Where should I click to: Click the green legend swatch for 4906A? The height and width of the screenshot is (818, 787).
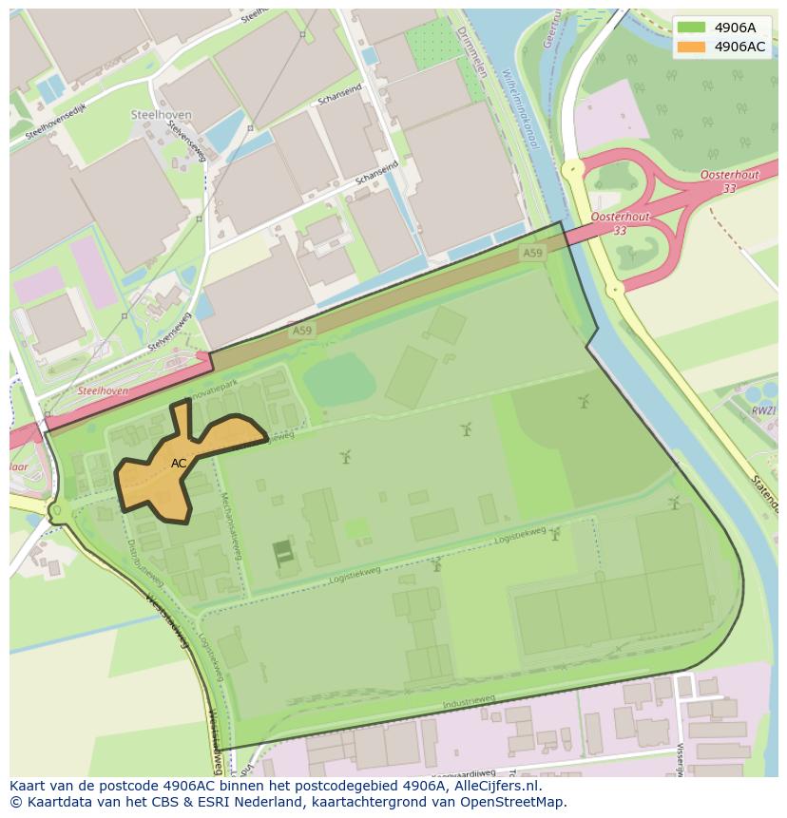pyautogui.click(x=691, y=28)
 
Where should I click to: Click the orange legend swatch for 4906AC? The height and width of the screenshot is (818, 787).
pyautogui.click(x=691, y=47)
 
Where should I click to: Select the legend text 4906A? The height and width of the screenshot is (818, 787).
pyautogui.click(x=736, y=28)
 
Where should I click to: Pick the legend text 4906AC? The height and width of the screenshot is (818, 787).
pyautogui.click(x=740, y=47)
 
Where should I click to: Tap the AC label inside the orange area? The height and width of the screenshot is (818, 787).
pyautogui.click(x=179, y=464)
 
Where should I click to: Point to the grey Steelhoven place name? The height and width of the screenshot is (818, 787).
pyautogui.click(x=161, y=115)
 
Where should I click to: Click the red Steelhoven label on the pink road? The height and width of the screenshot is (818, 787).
pyautogui.click(x=103, y=390)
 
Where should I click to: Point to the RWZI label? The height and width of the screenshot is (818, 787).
pyautogui.click(x=762, y=410)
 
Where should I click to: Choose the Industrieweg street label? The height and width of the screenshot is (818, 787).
pyautogui.click(x=469, y=701)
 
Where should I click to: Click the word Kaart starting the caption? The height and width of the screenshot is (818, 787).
pyautogui.click(x=29, y=786)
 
